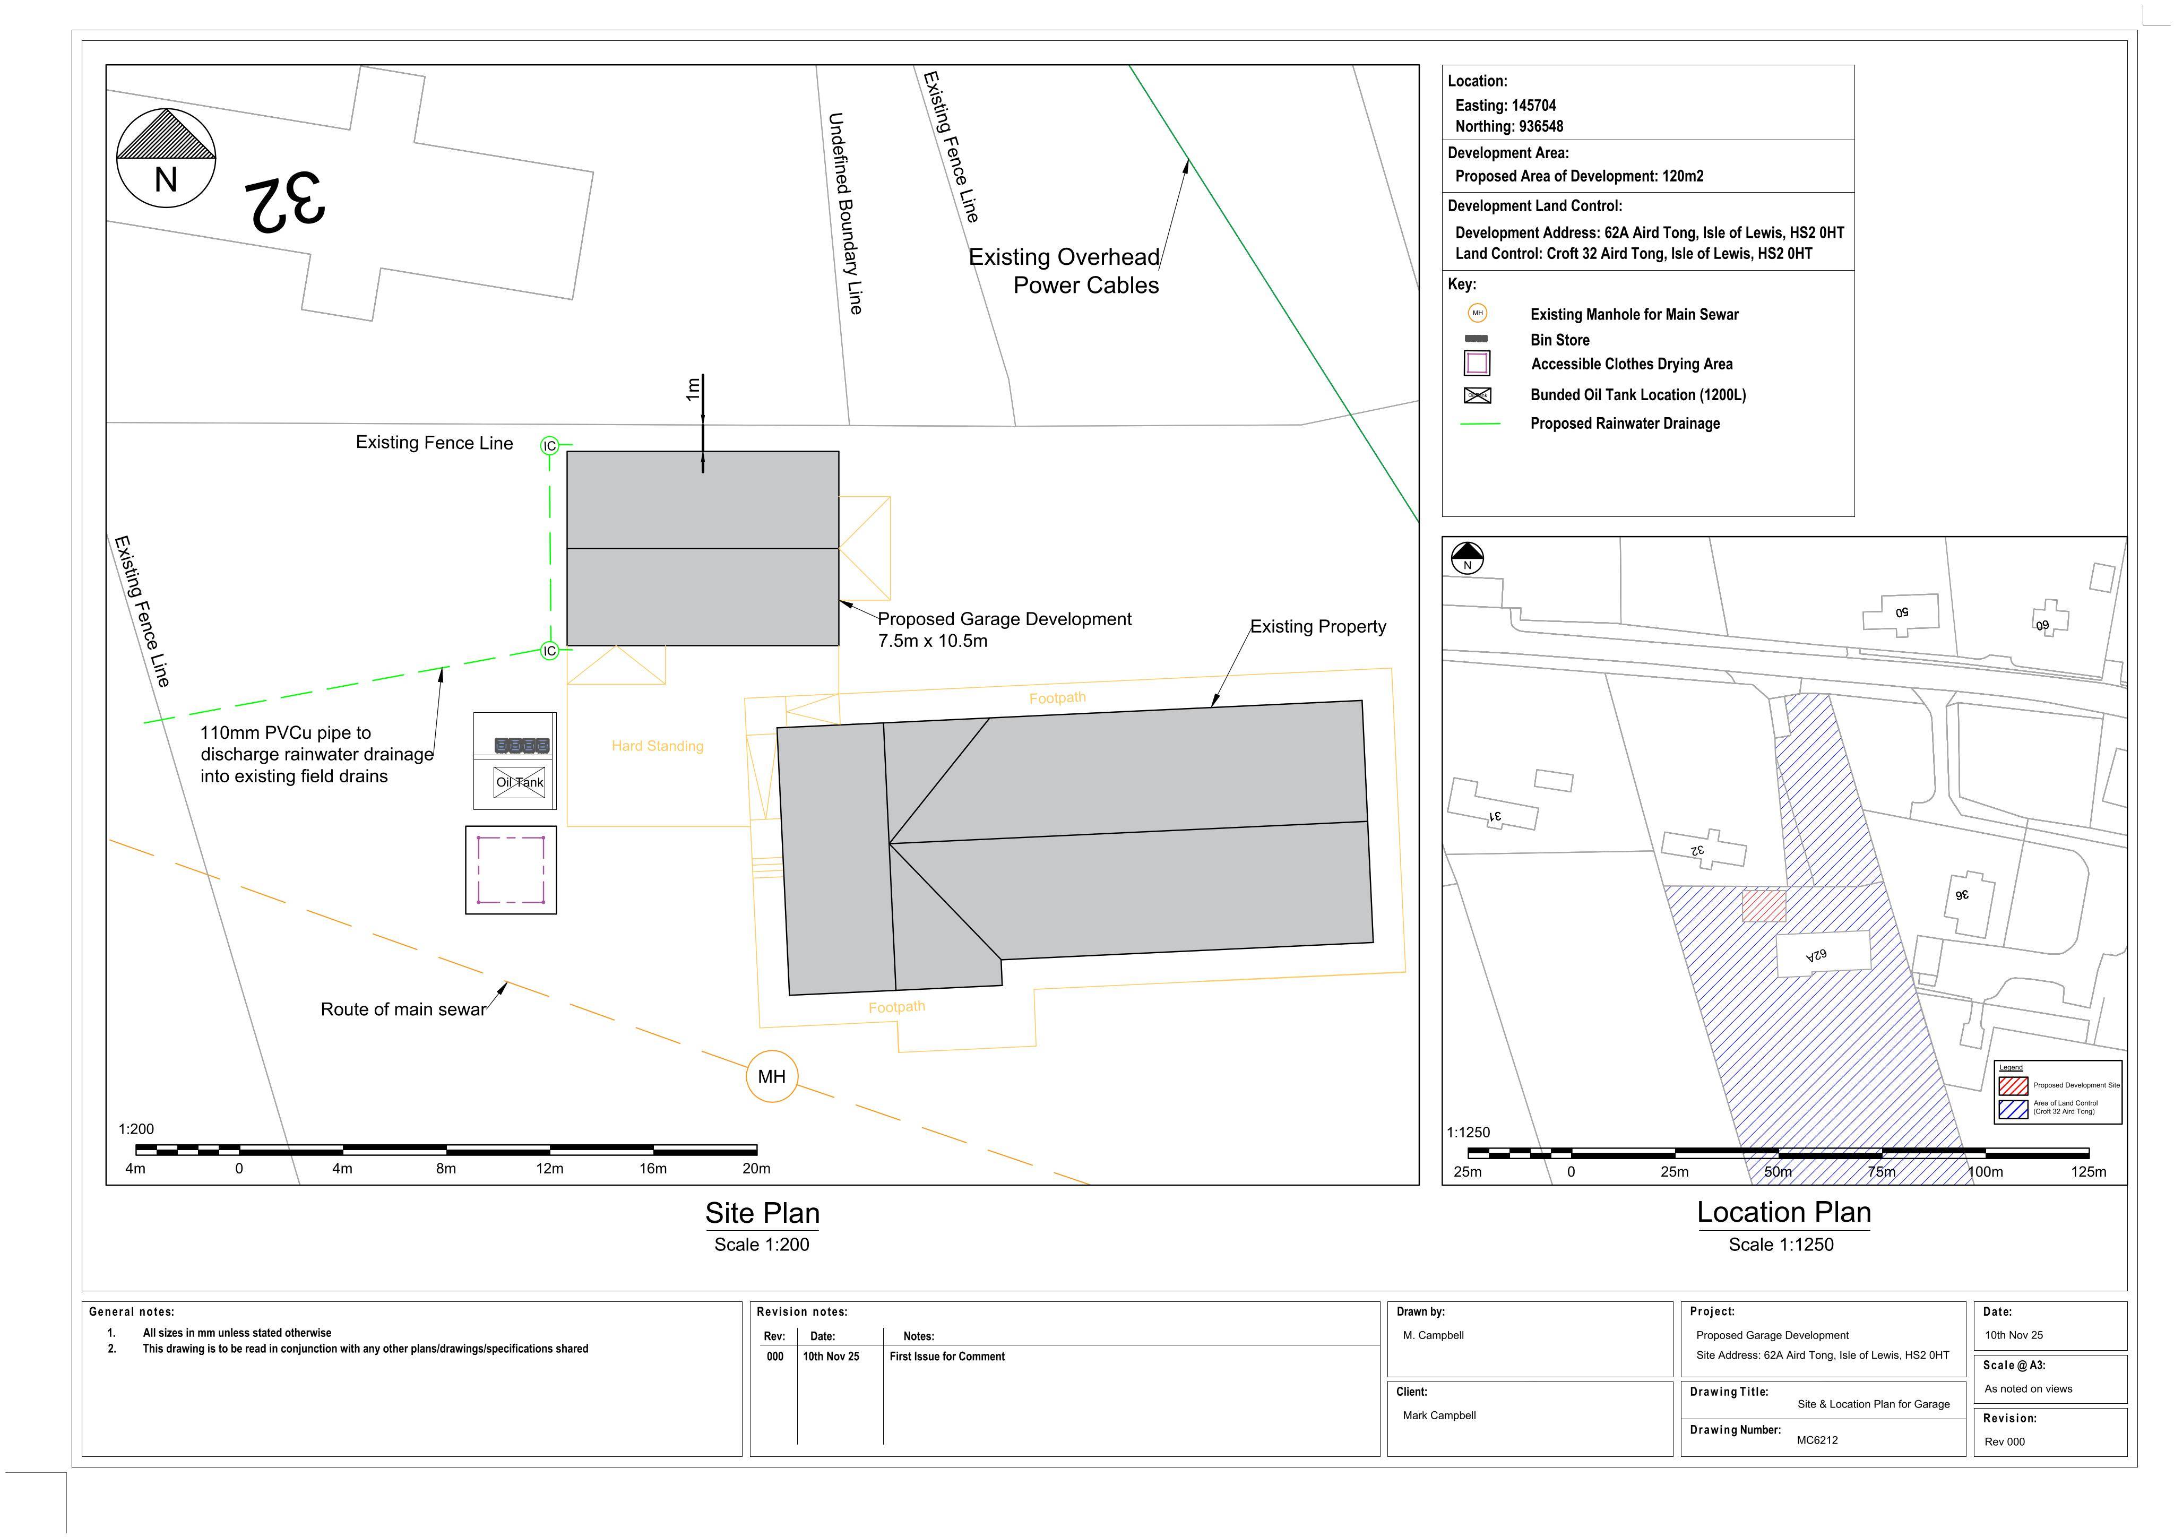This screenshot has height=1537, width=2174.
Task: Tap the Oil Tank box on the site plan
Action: click(x=519, y=782)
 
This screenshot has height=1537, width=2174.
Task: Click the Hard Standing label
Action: click(x=657, y=746)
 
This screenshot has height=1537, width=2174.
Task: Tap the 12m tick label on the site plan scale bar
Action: click(x=549, y=1169)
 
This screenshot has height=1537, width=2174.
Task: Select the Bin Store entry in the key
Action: click(x=1559, y=340)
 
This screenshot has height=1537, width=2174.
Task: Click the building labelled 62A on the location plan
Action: click(x=1823, y=954)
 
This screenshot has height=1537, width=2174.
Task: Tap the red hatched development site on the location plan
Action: click(x=1764, y=905)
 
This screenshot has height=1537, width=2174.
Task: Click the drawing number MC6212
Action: click(x=1817, y=1440)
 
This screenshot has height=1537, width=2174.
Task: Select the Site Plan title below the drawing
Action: click(x=762, y=1213)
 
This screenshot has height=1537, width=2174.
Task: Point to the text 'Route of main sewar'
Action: click(x=403, y=1009)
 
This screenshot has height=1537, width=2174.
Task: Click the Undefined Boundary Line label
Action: click(x=844, y=213)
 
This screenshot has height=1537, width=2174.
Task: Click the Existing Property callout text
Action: click(x=1318, y=627)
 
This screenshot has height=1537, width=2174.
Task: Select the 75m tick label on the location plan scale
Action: click(x=1882, y=1171)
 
